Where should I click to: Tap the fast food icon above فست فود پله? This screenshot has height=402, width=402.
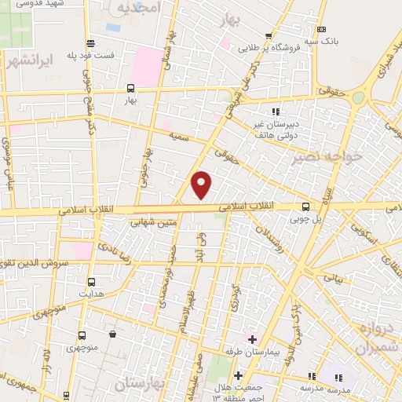(92, 44)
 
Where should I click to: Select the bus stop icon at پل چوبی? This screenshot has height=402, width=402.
(305, 207)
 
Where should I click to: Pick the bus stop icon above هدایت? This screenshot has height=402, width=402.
(92, 282)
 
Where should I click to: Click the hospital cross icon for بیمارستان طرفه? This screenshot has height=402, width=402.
(251, 340)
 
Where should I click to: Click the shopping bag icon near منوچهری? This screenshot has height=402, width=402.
(113, 334)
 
